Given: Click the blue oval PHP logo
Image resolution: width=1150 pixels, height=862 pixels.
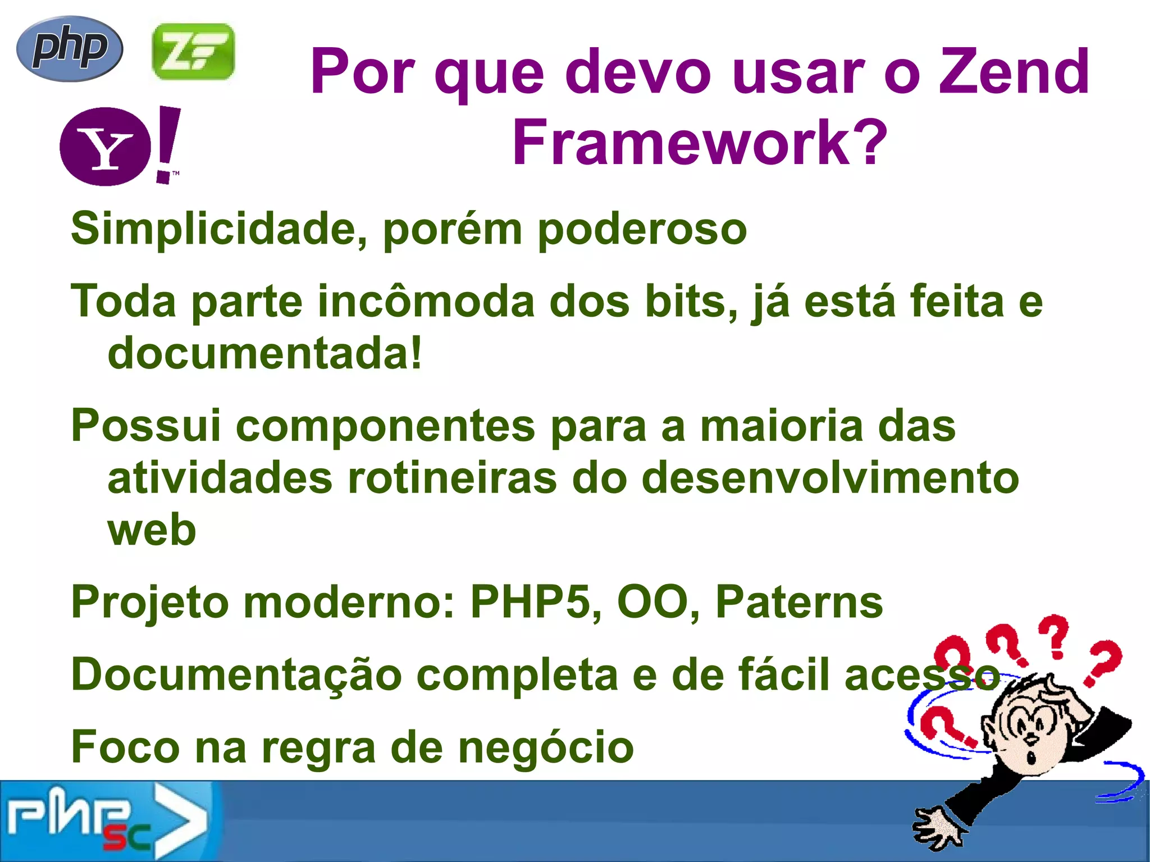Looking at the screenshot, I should (70, 48).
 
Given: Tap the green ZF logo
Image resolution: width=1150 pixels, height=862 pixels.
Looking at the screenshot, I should (193, 51).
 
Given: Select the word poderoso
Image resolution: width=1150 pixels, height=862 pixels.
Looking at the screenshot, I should (642, 229).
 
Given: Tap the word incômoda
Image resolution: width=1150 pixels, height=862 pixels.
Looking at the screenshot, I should (426, 301).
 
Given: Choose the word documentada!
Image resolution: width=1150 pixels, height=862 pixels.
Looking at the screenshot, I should (264, 353).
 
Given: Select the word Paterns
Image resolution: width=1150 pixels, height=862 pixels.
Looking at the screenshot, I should (799, 601).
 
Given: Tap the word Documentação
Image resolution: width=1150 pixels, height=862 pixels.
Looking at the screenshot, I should (236, 674).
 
